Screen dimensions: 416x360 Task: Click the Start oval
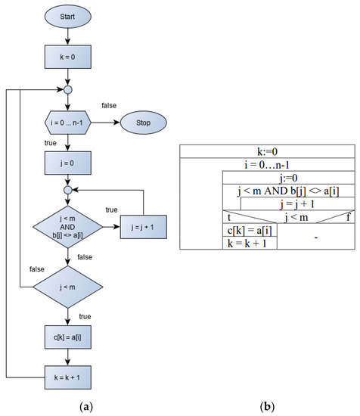pyautogui.click(x=68, y=17)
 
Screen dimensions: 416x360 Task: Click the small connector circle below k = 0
pyautogui.click(x=68, y=89)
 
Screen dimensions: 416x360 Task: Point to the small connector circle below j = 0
pyautogui.click(x=68, y=189)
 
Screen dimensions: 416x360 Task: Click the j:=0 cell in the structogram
pyautogui.click(x=286, y=179)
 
